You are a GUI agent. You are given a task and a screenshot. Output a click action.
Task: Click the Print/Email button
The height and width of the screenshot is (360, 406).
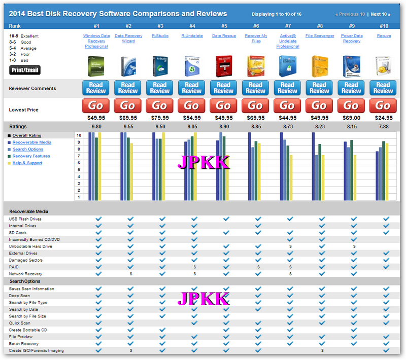25,70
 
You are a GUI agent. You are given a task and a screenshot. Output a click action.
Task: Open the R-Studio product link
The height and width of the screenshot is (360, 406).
160,36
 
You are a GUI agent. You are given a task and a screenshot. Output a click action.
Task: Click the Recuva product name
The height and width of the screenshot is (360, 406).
384,36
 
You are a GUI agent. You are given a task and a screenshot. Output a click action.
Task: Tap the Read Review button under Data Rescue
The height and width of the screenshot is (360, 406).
224,88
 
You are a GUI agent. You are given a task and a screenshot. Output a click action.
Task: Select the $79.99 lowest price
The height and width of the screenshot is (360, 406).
160,118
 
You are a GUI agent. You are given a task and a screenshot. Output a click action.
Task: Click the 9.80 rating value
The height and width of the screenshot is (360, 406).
96,127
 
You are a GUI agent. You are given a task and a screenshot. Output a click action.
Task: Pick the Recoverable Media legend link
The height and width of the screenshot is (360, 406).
31,142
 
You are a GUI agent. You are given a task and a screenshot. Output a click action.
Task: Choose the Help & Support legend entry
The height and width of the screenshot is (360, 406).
27,163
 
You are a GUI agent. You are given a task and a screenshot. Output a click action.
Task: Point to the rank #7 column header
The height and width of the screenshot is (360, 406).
288,26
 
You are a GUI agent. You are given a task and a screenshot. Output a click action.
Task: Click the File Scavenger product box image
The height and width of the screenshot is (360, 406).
320,66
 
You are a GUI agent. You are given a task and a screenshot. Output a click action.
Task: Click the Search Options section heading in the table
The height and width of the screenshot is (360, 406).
25,281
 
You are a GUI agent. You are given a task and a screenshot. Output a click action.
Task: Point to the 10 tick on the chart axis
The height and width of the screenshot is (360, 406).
79,136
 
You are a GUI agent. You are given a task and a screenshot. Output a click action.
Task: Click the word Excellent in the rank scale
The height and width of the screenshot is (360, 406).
29,37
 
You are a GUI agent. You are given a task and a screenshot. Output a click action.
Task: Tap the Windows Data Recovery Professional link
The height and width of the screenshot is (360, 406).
96,41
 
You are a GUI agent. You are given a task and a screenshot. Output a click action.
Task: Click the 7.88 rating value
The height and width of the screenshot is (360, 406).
384,127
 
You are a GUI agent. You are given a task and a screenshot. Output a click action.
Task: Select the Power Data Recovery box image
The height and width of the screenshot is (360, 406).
352,66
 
